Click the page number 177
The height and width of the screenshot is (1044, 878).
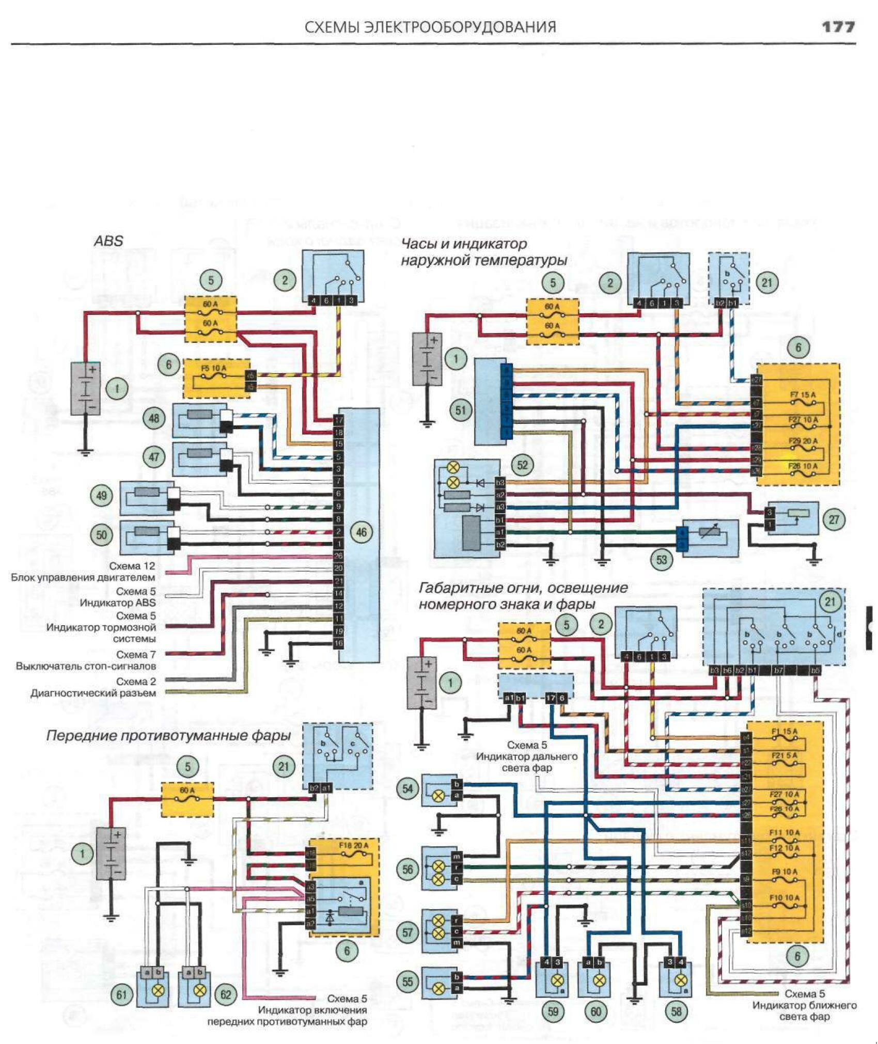tap(838, 26)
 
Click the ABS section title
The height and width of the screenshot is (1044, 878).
tap(108, 241)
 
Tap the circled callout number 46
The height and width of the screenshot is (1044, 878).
tap(362, 532)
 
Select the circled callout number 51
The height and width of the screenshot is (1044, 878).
tap(461, 410)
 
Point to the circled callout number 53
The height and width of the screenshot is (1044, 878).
tap(662, 559)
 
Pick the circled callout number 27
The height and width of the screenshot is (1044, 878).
tap(834, 519)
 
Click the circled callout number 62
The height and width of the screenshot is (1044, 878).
tap(226, 994)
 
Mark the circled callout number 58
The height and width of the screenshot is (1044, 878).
tap(676, 1010)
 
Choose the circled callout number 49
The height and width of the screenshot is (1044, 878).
tap(102, 496)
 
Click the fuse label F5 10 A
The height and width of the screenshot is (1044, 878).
tap(214, 368)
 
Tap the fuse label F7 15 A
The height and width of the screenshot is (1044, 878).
tap(803, 395)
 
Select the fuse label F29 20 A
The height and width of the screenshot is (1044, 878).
tap(803, 441)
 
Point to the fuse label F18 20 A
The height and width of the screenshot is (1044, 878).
tap(353, 846)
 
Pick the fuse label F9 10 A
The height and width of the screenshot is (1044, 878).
tap(784, 872)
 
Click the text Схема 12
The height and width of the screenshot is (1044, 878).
tap(132, 566)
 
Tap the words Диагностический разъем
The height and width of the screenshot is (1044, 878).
tap(93, 693)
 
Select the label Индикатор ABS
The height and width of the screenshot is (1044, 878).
tap(117, 603)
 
